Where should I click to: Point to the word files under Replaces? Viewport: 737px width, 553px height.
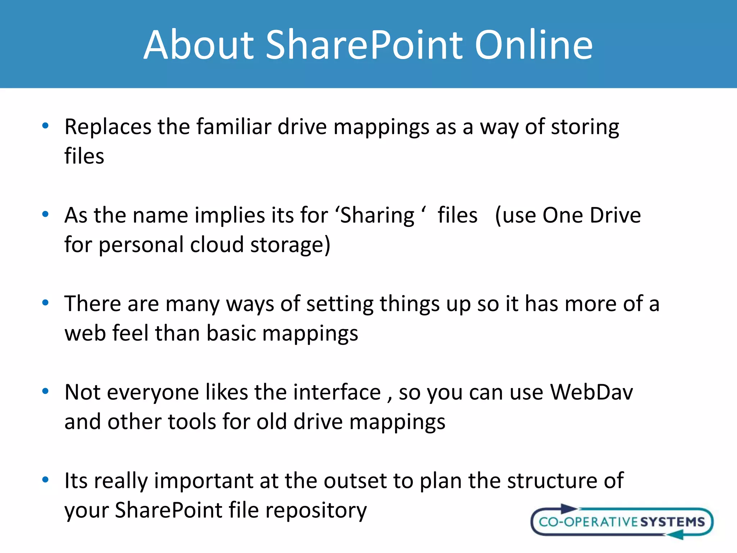click(x=84, y=157)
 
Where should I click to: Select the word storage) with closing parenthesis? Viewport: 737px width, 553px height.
click(x=290, y=245)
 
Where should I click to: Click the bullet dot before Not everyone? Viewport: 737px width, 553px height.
click(x=45, y=391)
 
